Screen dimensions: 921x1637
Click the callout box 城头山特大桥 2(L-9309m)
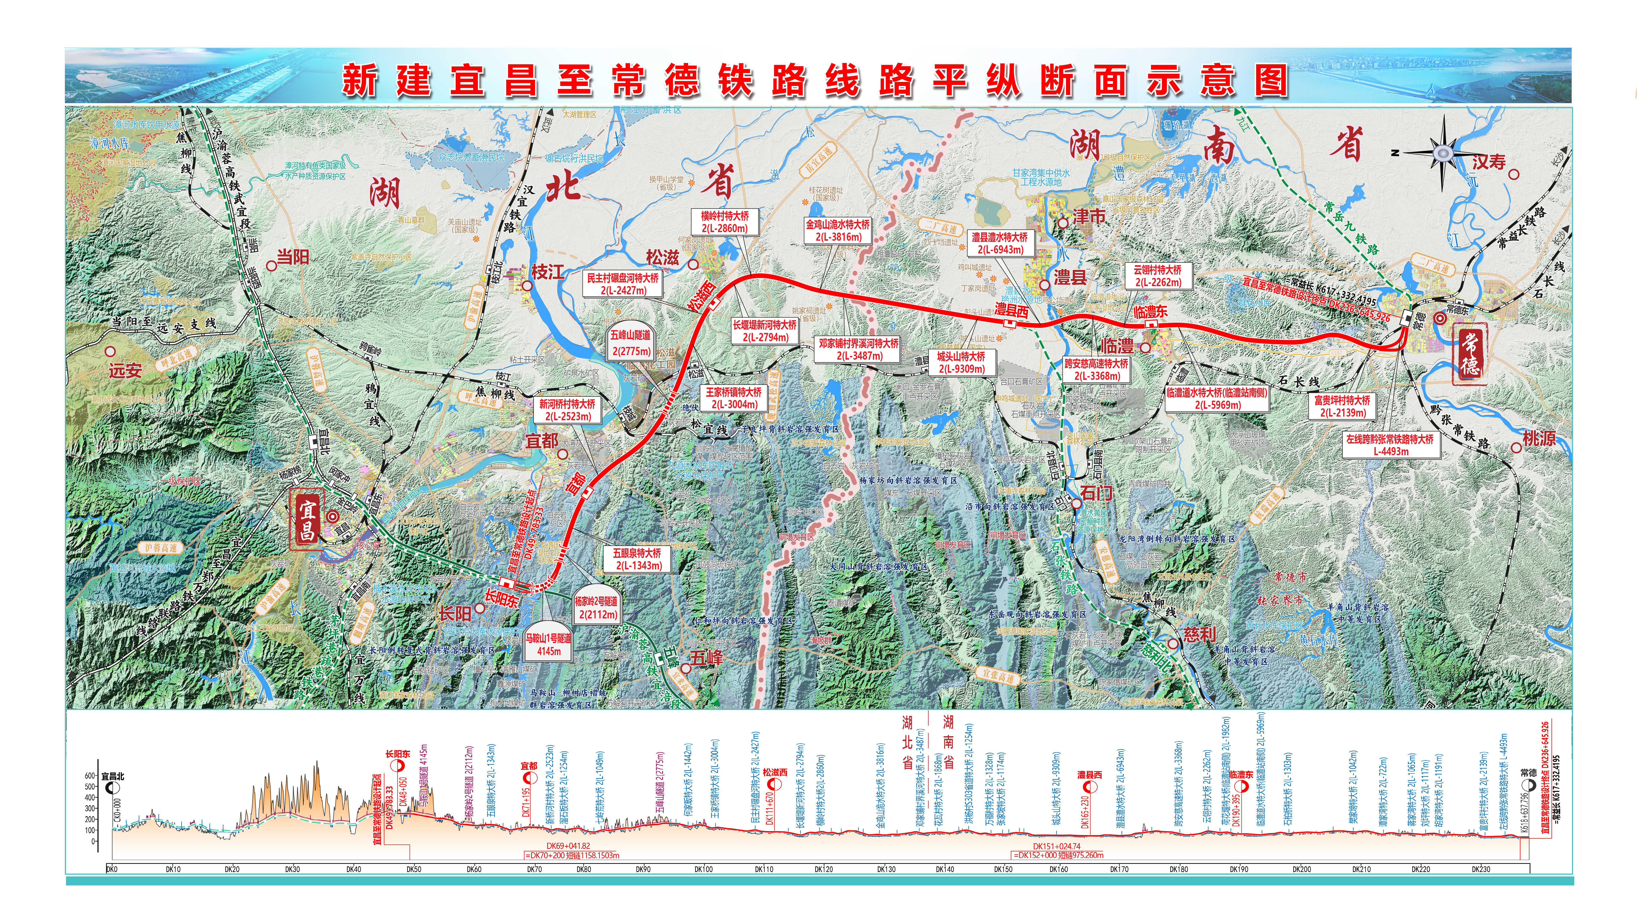tap(961, 362)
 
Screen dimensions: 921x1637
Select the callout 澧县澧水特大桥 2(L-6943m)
tap(1000, 243)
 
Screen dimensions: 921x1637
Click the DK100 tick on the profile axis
tap(703, 869)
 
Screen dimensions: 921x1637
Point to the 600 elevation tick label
tap(90, 776)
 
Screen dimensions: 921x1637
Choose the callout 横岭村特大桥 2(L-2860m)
tap(724, 222)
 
